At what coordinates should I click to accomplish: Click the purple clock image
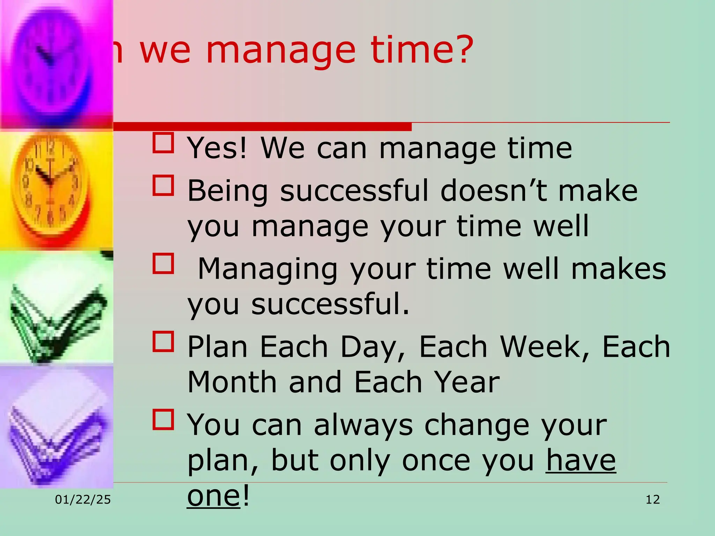(x=56, y=63)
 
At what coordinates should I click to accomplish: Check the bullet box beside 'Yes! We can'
(x=163, y=143)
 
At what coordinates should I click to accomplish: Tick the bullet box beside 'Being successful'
(x=163, y=186)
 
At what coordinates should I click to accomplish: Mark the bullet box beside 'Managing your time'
(x=163, y=263)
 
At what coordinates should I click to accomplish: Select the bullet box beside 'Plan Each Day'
(x=163, y=341)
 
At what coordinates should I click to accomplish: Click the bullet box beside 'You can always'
(x=163, y=419)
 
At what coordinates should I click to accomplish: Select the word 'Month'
(x=232, y=382)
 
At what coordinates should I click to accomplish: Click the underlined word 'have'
(x=581, y=460)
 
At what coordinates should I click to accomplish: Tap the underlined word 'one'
(x=213, y=496)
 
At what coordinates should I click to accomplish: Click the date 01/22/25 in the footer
(x=83, y=500)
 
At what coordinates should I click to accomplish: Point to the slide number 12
(x=653, y=500)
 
